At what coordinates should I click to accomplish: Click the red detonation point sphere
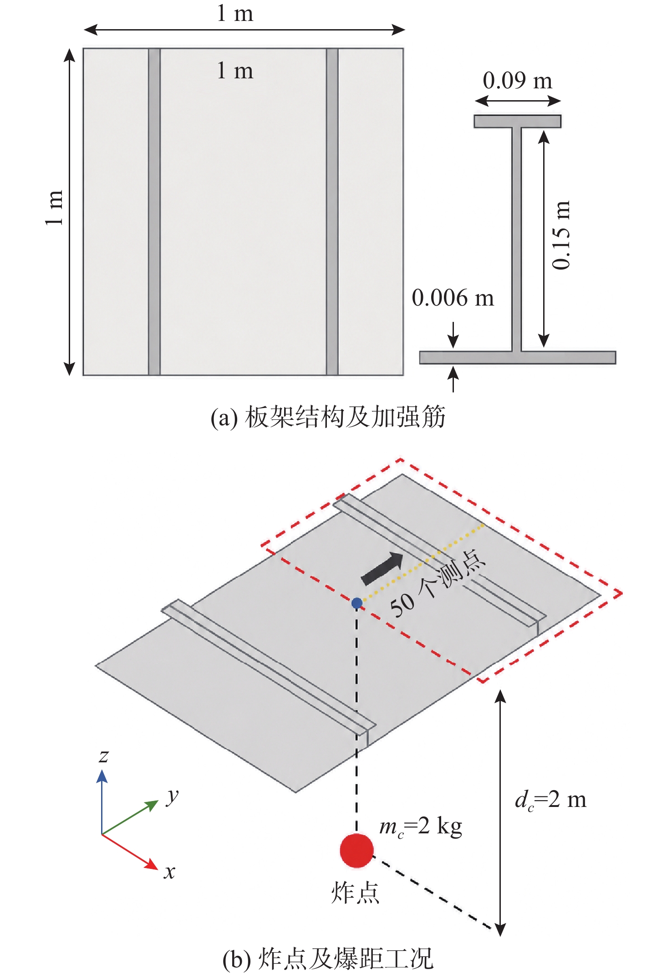click(356, 850)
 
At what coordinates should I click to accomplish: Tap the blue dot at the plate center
click(357, 603)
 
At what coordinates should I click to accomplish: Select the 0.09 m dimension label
click(518, 81)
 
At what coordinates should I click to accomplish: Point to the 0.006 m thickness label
click(453, 298)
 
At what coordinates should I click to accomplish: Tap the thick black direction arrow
click(382, 568)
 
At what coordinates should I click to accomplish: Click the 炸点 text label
click(355, 893)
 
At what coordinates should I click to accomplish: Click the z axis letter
click(104, 756)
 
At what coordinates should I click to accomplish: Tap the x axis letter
click(169, 872)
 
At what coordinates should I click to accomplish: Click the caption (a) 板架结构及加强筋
click(328, 417)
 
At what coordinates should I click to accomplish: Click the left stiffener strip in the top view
click(154, 212)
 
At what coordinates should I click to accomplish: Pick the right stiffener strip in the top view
click(332, 212)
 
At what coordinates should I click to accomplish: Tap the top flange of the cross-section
click(518, 121)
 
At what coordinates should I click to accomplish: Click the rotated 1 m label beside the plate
click(54, 208)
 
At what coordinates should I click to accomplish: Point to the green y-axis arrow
click(130, 817)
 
